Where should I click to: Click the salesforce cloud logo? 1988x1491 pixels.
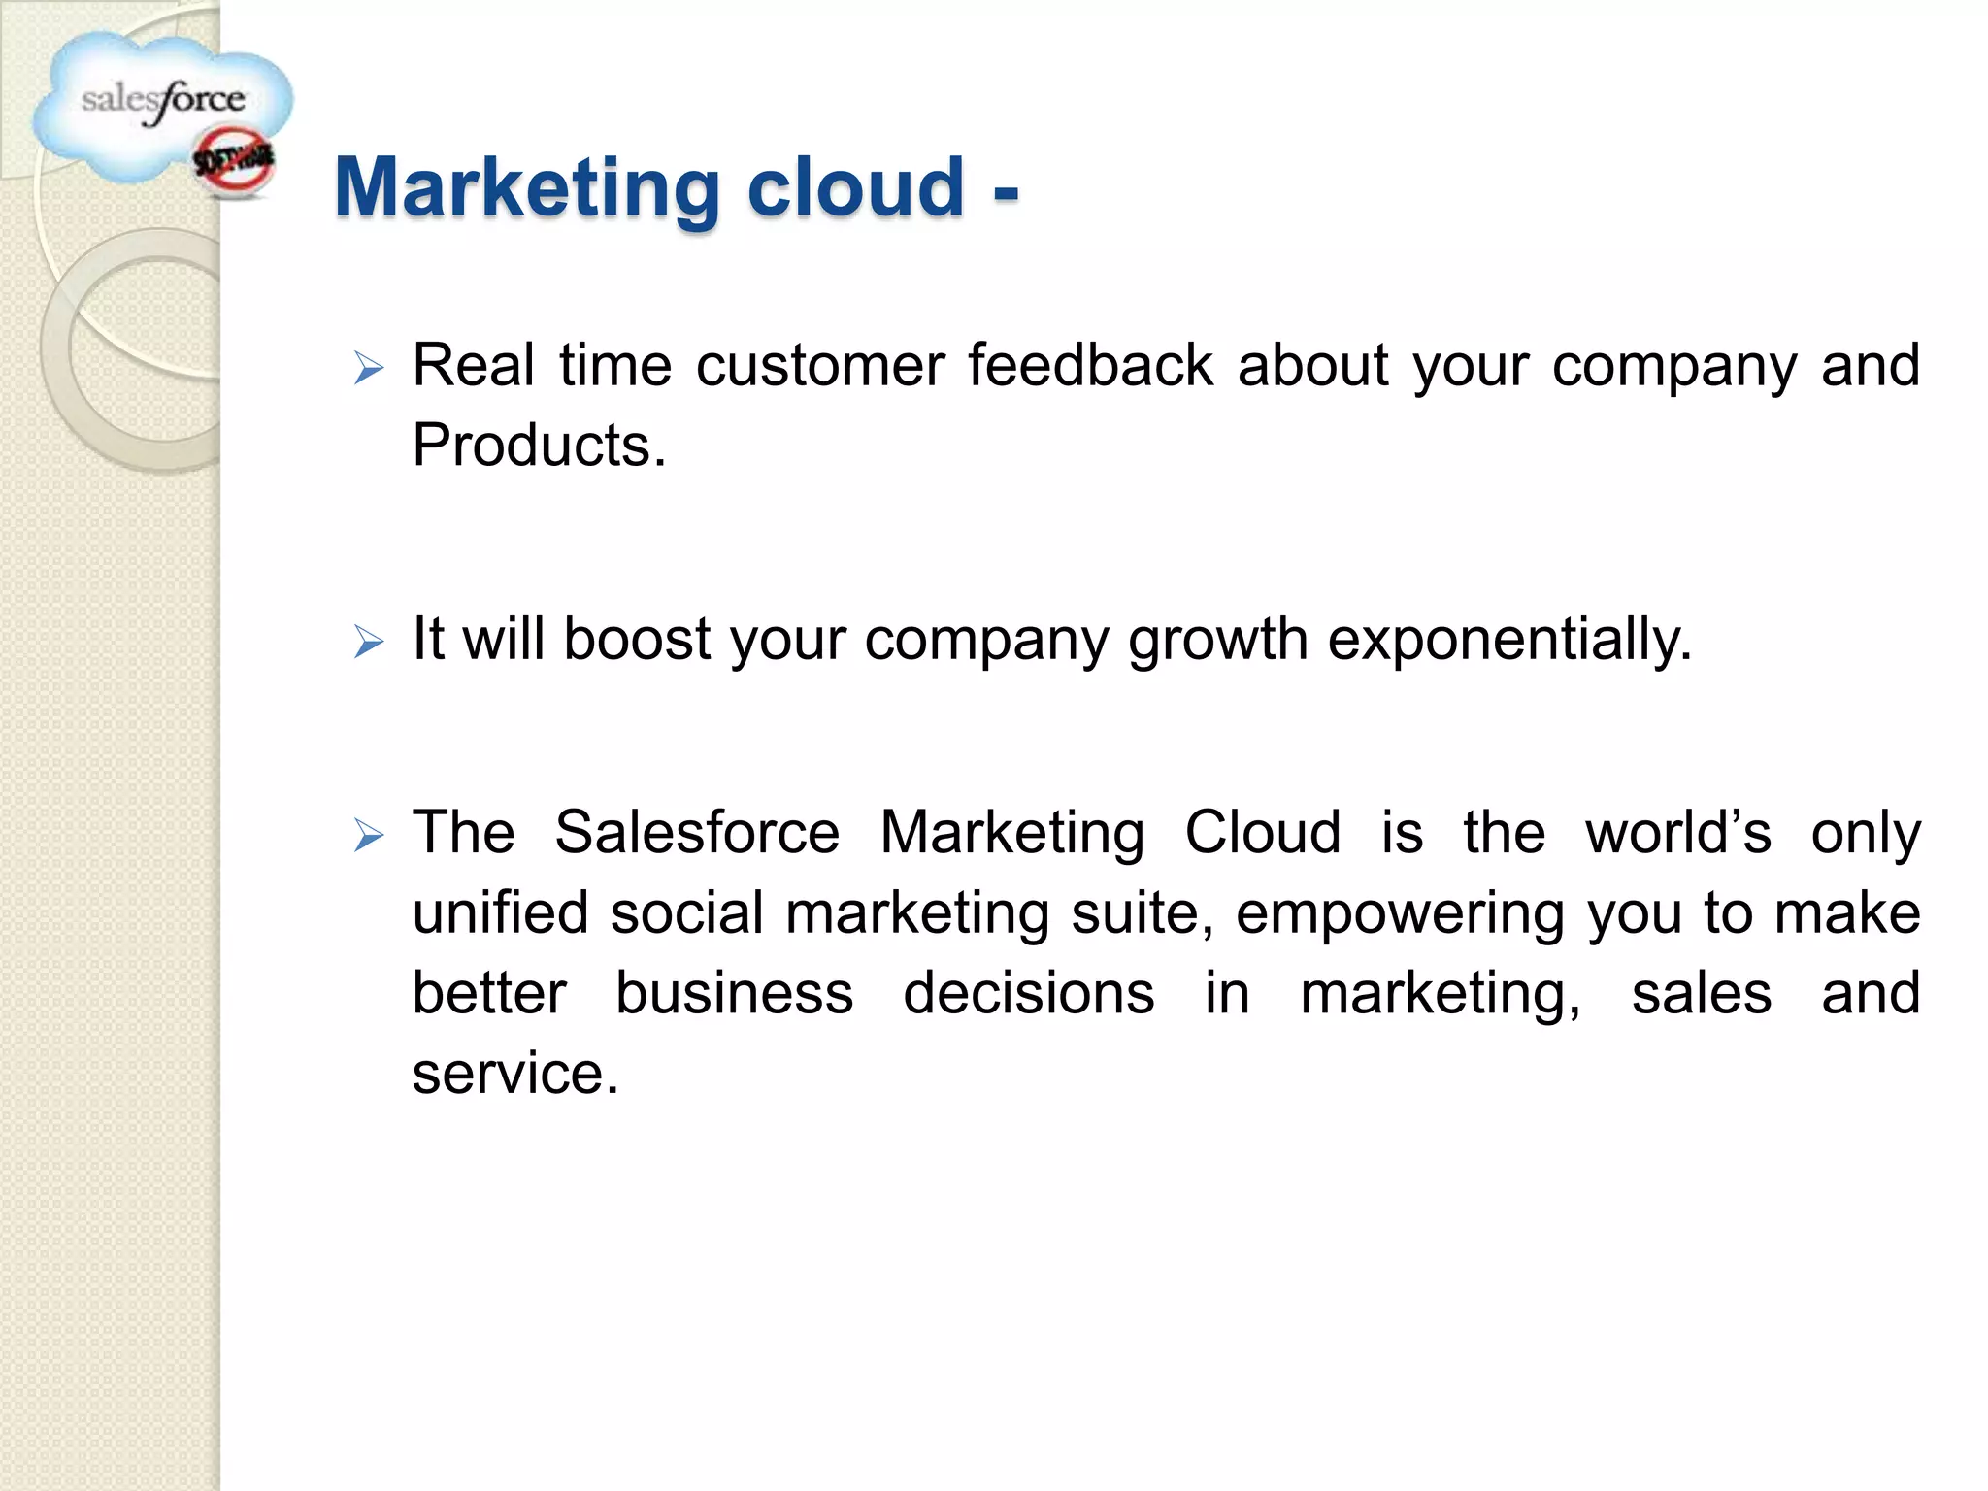pyautogui.click(x=160, y=102)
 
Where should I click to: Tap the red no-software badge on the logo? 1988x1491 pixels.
pyautogui.click(x=234, y=163)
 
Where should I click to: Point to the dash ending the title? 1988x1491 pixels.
pyautogui.click(x=1006, y=192)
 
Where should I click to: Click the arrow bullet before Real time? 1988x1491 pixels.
pyautogui.click(x=369, y=369)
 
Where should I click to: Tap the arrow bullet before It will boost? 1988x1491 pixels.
pyautogui.click(x=369, y=642)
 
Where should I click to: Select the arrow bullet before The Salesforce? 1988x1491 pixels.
pyautogui.click(x=369, y=835)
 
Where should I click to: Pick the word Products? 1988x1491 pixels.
pyautogui.click(x=539, y=446)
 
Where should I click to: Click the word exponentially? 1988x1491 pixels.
pyautogui.click(x=1508, y=641)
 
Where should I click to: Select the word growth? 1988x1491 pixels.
pyautogui.click(x=1217, y=641)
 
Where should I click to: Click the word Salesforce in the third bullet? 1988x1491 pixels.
pyautogui.click(x=696, y=833)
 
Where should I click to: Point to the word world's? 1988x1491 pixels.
pyautogui.click(x=1677, y=833)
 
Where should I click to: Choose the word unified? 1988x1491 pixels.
pyautogui.click(x=500, y=913)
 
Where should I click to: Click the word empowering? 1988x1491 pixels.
pyautogui.click(x=1399, y=914)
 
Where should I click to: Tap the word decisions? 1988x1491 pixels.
pyautogui.click(x=1028, y=993)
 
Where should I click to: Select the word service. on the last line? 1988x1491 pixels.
pyautogui.click(x=514, y=1074)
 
